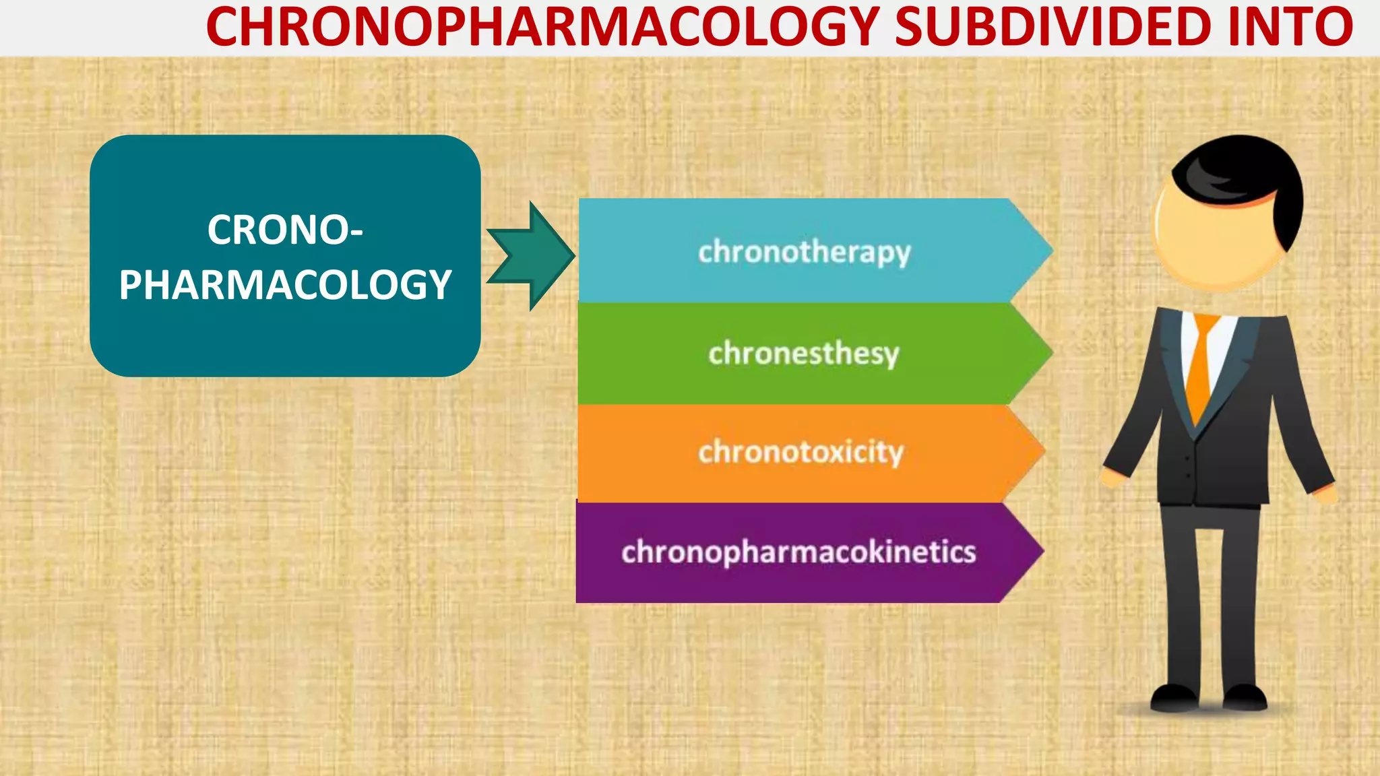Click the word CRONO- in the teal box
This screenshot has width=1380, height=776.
(285, 230)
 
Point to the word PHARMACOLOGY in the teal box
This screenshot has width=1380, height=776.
(285, 285)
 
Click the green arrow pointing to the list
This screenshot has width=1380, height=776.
(532, 256)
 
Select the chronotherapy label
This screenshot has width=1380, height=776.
(804, 253)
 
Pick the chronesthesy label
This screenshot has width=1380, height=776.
(804, 353)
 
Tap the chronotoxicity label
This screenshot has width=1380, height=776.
(801, 452)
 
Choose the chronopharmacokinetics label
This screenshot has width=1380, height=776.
(798, 552)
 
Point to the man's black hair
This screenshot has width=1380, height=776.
(1247, 175)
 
